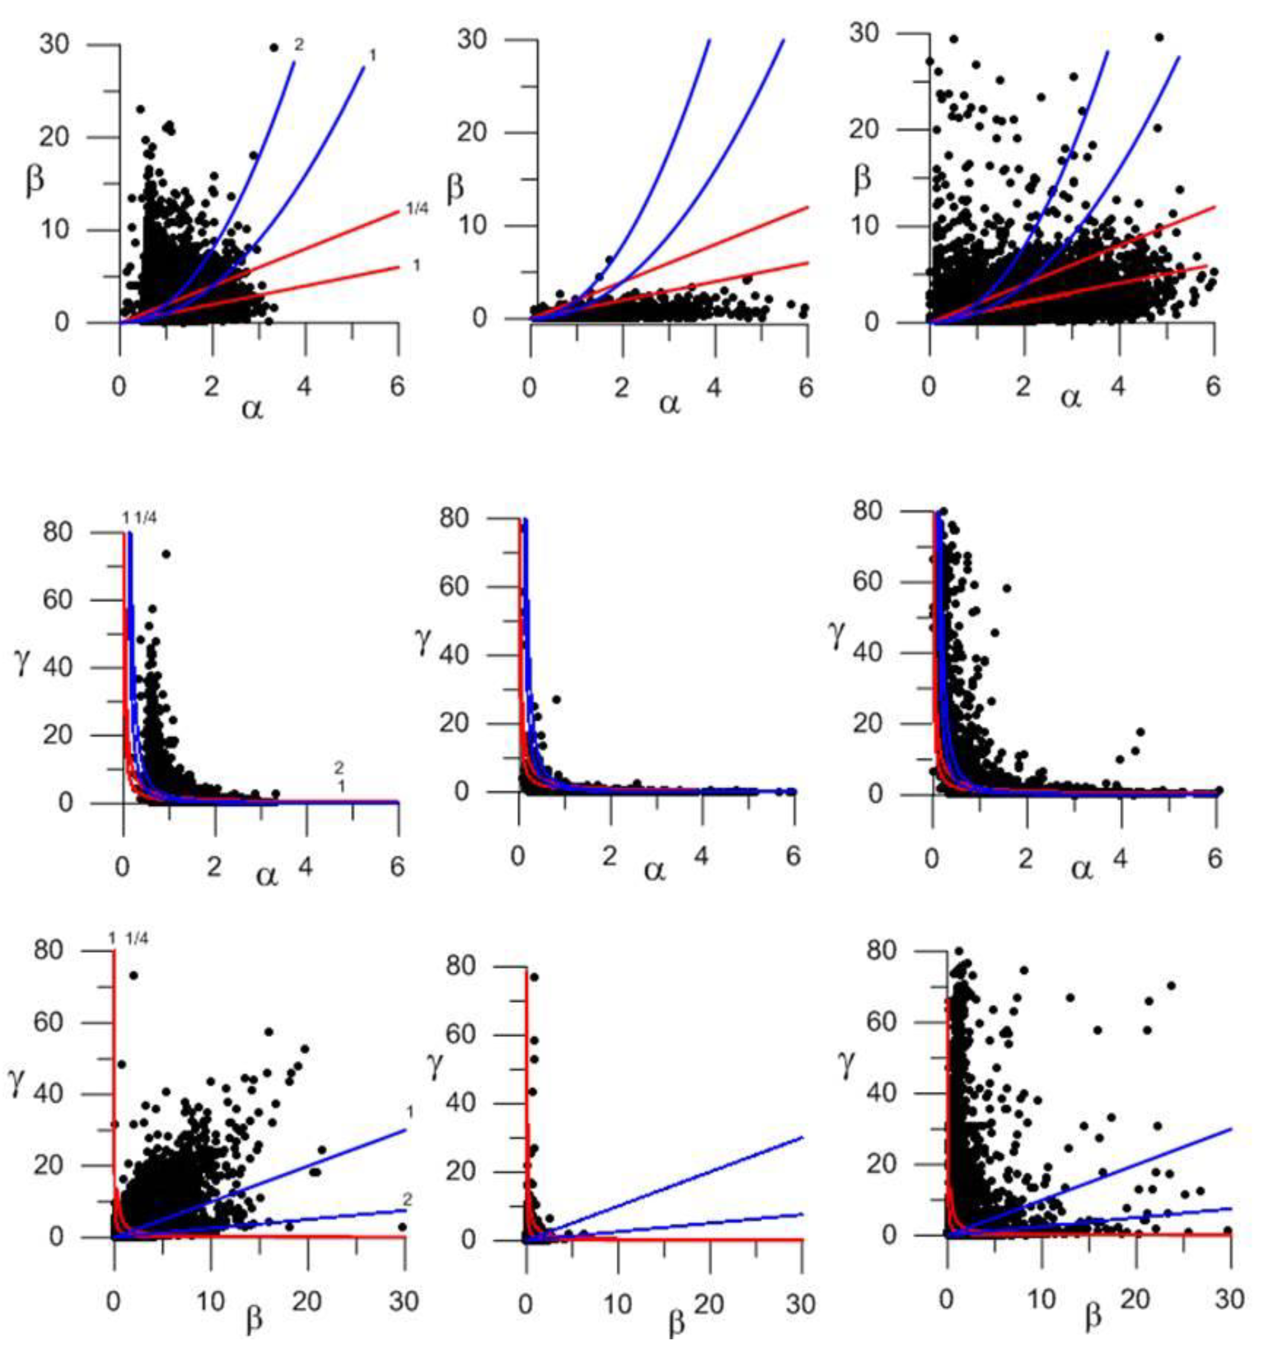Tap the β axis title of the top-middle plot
tap(455, 188)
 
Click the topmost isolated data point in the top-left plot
tap(274, 47)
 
